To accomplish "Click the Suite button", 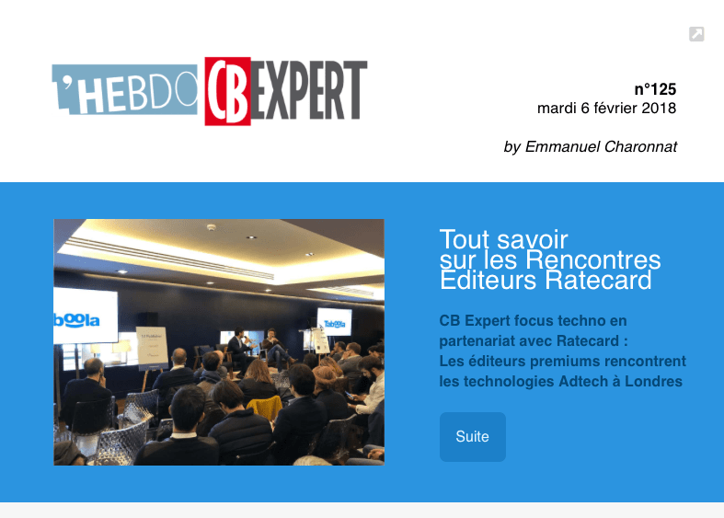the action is click(x=472, y=437).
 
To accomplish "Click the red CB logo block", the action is click(x=227, y=91).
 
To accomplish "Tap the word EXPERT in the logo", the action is click(x=309, y=90).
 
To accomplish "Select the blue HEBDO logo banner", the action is click(x=125, y=89).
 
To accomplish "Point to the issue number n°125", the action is click(x=655, y=89).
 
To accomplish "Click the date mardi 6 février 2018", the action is click(x=607, y=108).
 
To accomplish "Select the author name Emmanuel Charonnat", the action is click(x=601, y=147).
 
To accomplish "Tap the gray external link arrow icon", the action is click(x=696, y=34).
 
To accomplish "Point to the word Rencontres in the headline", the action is click(x=593, y=260).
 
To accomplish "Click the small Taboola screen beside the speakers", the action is click(x=334, y=322).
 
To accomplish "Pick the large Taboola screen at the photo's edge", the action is click(x=86, y=316).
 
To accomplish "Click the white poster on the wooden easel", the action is click(x=152, y=348).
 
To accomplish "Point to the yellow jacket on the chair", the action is click(x=265, y=408).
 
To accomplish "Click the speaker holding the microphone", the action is click(x=239, y=349).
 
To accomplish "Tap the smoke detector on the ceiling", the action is click(x=212, y=227).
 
